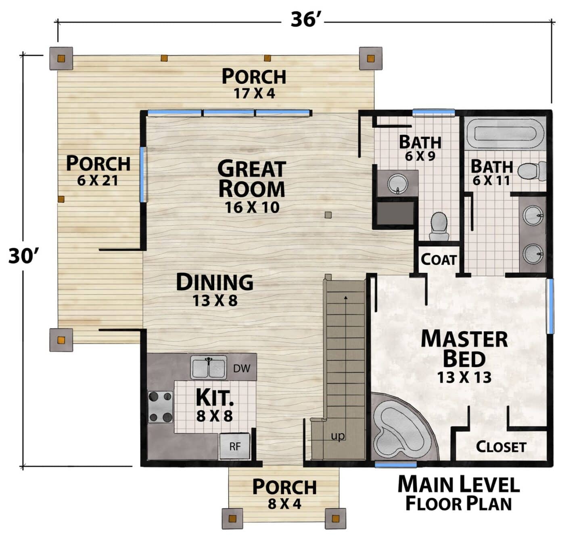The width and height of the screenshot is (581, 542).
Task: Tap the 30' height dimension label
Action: tap(23, 256)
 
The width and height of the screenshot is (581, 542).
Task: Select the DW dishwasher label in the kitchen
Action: tap(242, 368)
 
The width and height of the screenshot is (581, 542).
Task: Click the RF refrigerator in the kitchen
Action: tap(235, 446)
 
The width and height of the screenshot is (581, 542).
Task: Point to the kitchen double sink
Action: tap(209, 367)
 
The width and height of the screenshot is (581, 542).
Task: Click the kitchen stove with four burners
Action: tap(160, 407)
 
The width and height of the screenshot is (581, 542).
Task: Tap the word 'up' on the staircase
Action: tap(338, 436)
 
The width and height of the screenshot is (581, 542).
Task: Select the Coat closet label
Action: tap(439, 260)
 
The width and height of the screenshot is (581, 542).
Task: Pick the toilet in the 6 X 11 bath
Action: tap(531, 171)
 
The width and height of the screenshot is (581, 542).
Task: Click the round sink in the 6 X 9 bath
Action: tap(397, 184)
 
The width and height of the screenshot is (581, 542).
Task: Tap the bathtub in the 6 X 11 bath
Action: tap(505, 133)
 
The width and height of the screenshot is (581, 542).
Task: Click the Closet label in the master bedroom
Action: tap(501, 447)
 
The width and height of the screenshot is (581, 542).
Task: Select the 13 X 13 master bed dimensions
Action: tap(464, 377)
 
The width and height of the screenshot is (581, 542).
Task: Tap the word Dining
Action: tap(215, 282)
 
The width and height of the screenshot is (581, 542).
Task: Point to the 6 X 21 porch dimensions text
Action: tap(97, 181)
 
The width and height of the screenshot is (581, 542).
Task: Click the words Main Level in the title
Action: tap(458, 484)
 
